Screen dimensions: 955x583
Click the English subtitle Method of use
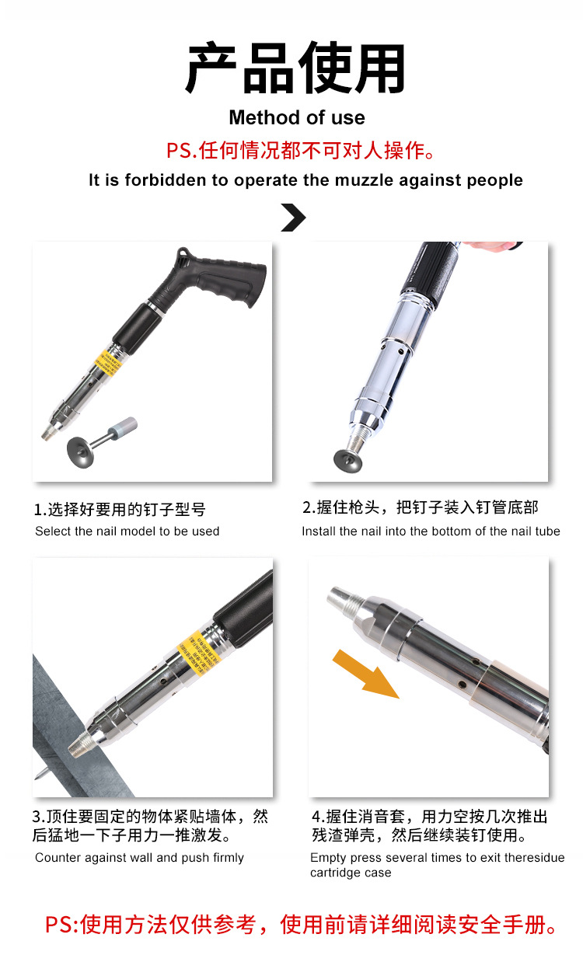296,118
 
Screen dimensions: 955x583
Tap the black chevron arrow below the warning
293,218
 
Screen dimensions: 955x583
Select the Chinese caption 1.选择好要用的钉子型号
120,510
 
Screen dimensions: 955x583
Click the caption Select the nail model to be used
127,532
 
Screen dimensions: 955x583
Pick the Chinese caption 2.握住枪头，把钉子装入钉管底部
420,507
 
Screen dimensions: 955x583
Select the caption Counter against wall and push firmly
140,858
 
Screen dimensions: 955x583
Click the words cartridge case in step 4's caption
351,873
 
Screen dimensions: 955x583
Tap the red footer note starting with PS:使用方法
302,925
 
